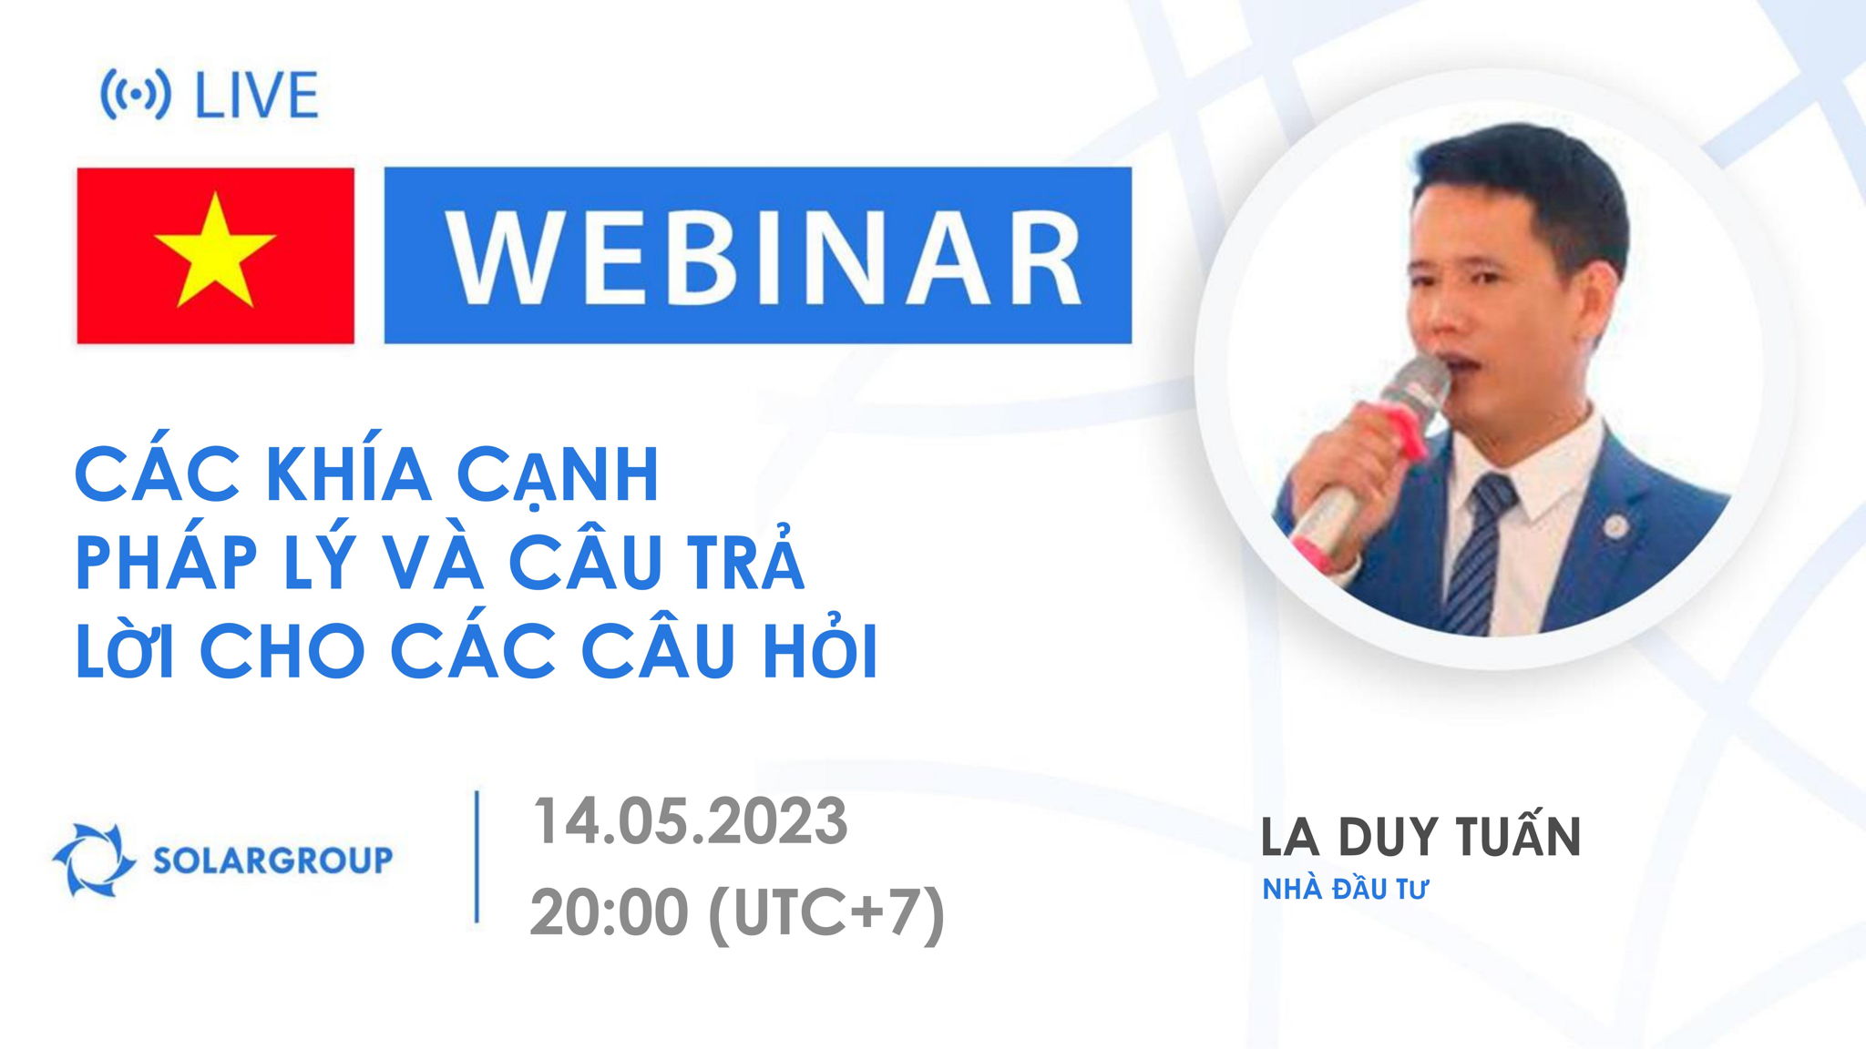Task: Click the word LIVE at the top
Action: pos(256,96)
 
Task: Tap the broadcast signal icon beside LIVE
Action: pos(135,95)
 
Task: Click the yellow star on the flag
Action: pos(215,251)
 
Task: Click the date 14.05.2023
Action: pos(690,822)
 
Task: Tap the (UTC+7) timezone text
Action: pos(825,913)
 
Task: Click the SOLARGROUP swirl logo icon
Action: pos(93,859)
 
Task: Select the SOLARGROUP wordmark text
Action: pos(272,860)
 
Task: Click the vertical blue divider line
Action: pos(477,857)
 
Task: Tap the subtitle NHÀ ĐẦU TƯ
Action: pos(1344,890)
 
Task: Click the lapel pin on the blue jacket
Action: pos(1615,525)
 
